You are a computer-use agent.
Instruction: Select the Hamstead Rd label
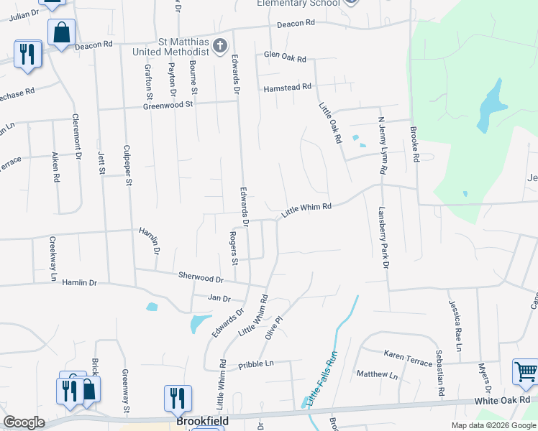(287, 87)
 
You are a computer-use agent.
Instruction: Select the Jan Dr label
(219, 297)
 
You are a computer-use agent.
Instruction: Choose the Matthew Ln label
(377, 375)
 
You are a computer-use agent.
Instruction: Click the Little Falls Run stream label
(322, 379)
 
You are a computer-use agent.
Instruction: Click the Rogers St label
(233, 247)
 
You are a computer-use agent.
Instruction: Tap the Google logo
(24, 422)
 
